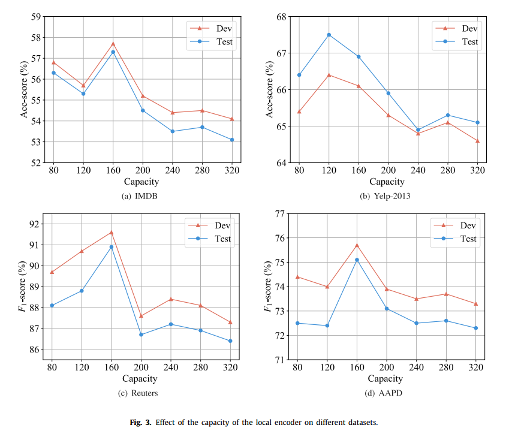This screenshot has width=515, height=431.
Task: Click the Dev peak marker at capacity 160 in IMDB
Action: tap(113, 43)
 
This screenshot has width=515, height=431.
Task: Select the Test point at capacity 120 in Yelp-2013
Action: tap(329, 35)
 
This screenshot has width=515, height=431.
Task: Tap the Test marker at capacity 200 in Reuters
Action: tap(141, 334)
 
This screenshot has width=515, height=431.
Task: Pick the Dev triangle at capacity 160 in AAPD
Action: tap(357, 245)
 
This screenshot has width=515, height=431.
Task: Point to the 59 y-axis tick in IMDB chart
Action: tap(36, 16)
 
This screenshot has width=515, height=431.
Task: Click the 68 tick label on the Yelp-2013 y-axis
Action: tap(281, 16)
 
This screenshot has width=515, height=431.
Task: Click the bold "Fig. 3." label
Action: tap(141, 422)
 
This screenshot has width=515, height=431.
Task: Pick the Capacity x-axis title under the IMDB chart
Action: tap(141, 181)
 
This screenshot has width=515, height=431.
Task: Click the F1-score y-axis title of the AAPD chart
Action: tap(267, 287)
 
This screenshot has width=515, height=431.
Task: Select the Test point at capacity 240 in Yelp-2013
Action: tap(418, 129)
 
